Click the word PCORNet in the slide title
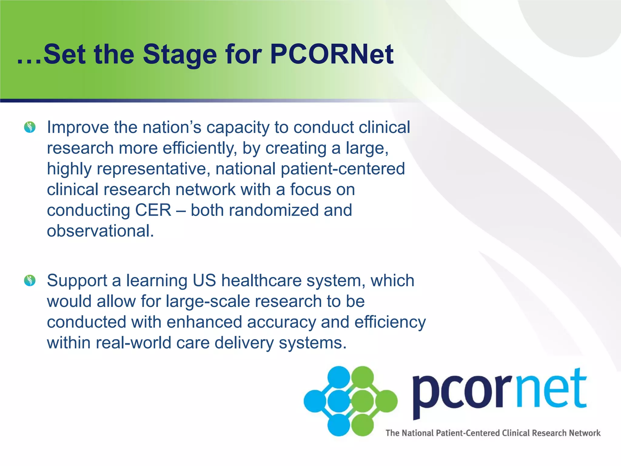[x=331, y=55]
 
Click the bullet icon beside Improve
[x=30, y=127]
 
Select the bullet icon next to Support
[x=30, y=280]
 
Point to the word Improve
[x=78, y=128]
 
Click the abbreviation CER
[x=153, y=210]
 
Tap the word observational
[x=100, y=231]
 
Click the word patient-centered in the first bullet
[x=343, y=169]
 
